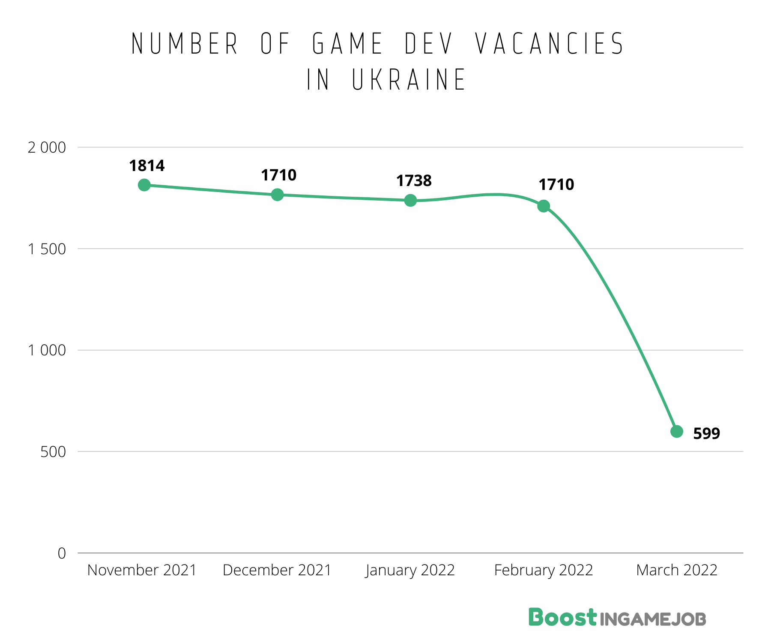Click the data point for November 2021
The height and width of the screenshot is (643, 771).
click(144, 185)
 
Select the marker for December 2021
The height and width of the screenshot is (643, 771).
click(278, 195)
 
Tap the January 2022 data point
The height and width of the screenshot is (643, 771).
click(410, 200)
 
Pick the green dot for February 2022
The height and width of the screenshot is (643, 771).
click(544, 206)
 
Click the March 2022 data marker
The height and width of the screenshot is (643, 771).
click(677, 431)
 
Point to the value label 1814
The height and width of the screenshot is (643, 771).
click(147, 166)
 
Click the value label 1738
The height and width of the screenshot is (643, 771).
click(414, 181)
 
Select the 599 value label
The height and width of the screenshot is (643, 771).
click(706, 433)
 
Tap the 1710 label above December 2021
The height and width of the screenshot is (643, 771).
click(279, 175)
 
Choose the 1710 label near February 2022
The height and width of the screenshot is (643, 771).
click(556, 185)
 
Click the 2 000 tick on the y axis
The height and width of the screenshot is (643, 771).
click(47, 147)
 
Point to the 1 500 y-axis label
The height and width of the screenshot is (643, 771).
click(47, 249)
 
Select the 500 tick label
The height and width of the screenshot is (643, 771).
click(53, 452)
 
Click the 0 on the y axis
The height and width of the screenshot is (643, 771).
click(62, 553)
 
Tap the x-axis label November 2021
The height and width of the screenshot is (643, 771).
click(142, 570)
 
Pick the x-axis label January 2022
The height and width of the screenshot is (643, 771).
click(410, 570)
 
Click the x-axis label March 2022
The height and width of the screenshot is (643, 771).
click(677, 570)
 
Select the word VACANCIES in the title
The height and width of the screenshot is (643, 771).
click(550, 44)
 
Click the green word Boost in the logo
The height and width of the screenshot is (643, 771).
click(562, 618)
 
